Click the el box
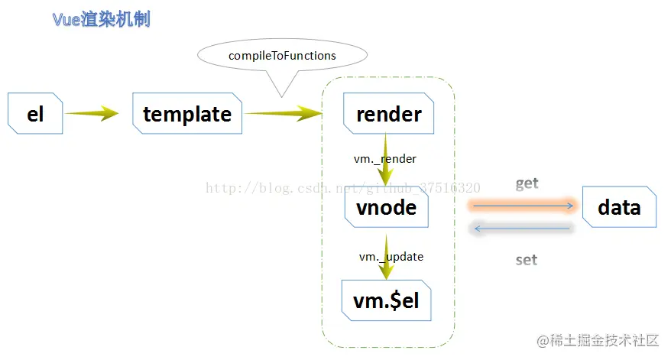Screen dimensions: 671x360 pyautogui.click(x=35, y=113)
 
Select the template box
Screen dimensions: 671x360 pyautogui.click(x=187, y=113)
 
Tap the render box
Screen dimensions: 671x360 pyautogui.click(x=388, y=113)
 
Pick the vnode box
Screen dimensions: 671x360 pyautogui.click(x=387, y=207)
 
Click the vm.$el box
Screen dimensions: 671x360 pyautogui.click(x=387, y=300)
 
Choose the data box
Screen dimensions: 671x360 pyautogui.click(x=619, y=207)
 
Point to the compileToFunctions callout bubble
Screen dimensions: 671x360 pyautogui.click(x=282, y=56)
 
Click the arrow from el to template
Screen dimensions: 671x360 pyautogui.click(x=92, y=113)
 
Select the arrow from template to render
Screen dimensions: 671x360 pyautogui.click(x=284, y=113)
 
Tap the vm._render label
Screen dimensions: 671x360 pyautogui.click(x=385, y=159)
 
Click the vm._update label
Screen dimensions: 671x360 pyautogui.click(x=391, y=257)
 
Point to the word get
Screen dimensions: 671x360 pyautogui.click(x=527, y=183)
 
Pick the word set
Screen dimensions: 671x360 pyautogui.click(x=527, y=260)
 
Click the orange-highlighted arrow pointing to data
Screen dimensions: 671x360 pyautogui.click(x=523, y=206)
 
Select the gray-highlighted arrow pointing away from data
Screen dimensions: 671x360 pyautogui.click(x=522, y=229)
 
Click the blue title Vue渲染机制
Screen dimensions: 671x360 pyautogui.click(x=102, y=20)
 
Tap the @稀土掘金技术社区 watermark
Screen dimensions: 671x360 pyautogui.click(x=598, y=340)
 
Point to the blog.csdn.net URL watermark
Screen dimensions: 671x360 pyautogui.click(x=343, y=187)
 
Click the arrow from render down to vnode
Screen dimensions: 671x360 pyautogui.click(x=385, y=159)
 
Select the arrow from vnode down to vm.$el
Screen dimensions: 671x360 pyautogui.click(x=386, y=257)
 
